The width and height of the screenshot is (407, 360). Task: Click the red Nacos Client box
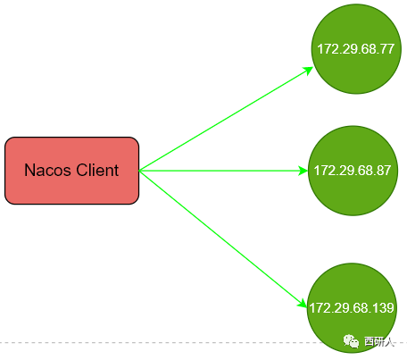(71, 171)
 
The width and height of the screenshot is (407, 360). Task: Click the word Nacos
(47, 171)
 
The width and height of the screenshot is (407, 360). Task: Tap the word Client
(97, 170)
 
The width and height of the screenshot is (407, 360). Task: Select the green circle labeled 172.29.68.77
(356, 49)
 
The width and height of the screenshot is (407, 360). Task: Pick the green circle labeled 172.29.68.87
(353, 171)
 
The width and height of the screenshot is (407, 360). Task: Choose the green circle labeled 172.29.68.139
(352, 308)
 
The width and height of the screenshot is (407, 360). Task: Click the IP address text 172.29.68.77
(356, 49)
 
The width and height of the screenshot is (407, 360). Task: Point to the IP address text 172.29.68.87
(353, 171)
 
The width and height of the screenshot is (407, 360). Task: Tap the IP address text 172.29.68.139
(352, 308)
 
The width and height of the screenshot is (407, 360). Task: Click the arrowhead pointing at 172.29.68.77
(308, 71)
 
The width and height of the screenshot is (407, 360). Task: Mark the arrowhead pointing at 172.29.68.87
(303, 171)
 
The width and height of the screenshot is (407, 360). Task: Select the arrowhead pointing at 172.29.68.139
(303, 303)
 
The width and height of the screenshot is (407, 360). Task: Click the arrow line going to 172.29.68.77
(226, 119)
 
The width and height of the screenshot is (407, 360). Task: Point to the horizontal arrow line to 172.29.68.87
(223, 171)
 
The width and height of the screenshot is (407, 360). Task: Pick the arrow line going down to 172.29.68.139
(223, 239)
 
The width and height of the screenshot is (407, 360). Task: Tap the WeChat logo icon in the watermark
(351, 341)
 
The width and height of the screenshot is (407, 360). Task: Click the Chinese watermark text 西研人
(379, 341)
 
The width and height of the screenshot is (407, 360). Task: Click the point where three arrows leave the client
(139, 171)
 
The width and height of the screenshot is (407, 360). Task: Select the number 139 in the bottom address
(384, 308)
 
